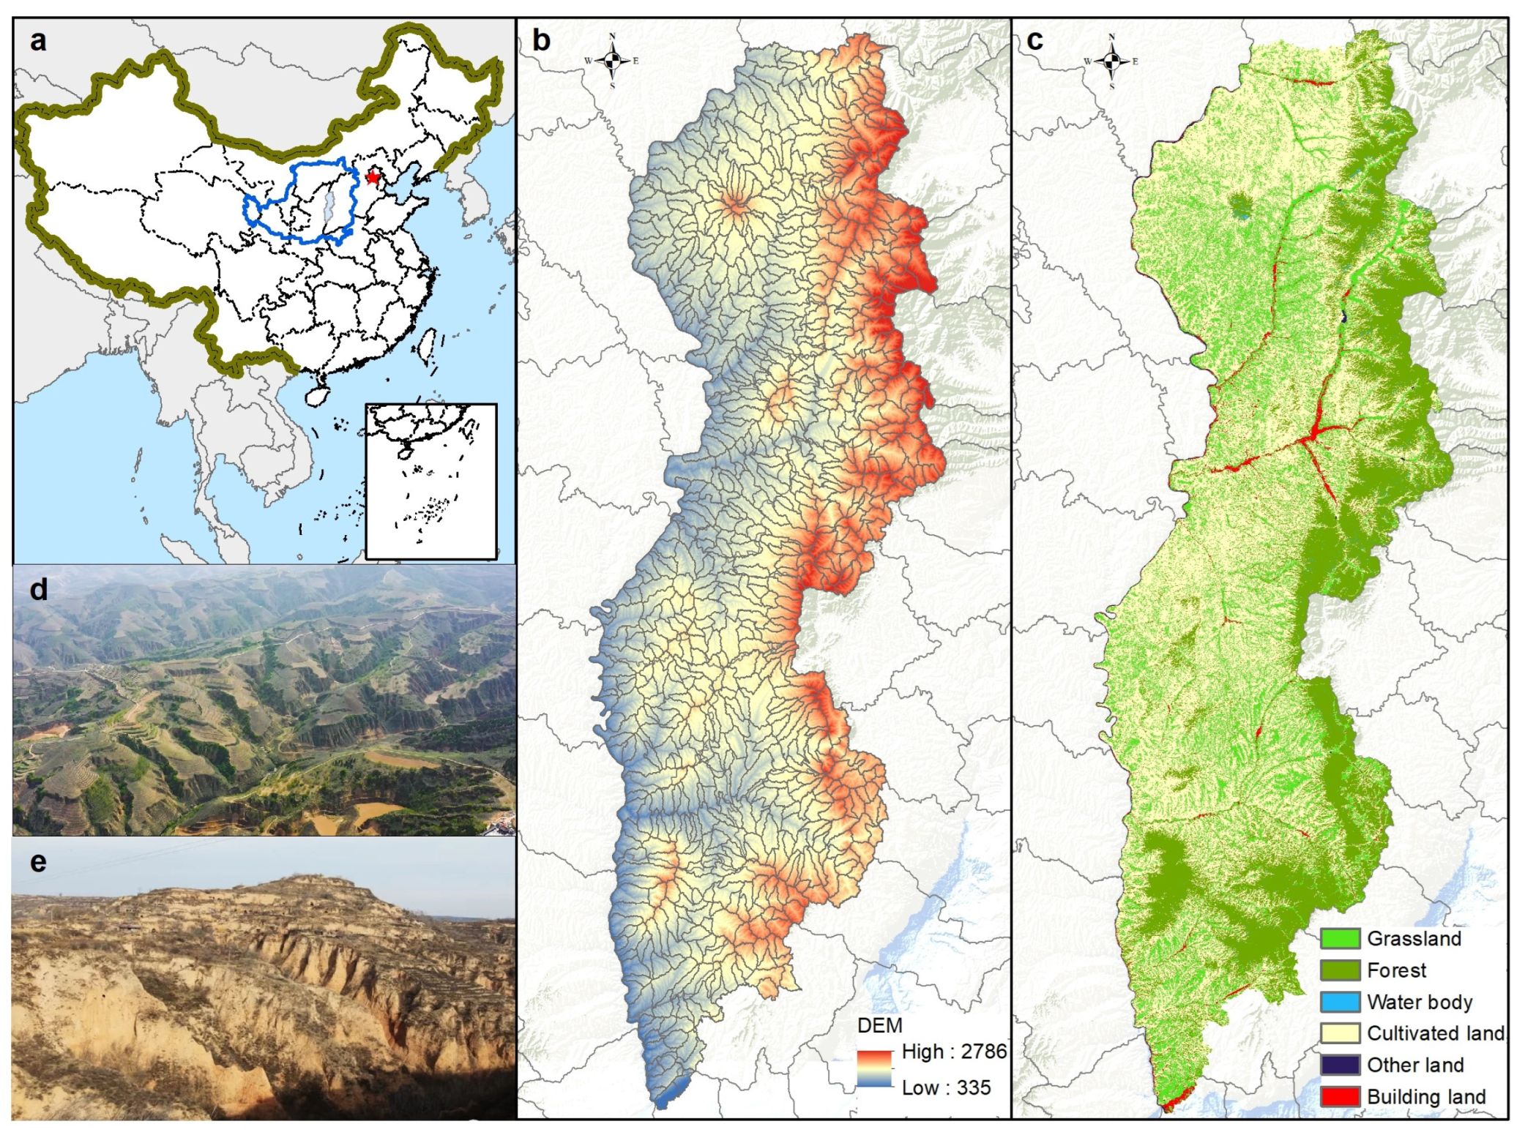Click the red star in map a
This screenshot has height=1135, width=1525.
373,177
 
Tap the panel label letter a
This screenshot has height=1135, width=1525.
38,40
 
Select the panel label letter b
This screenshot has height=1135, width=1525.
541,40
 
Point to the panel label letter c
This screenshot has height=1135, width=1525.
1034,40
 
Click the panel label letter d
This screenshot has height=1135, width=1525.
38,589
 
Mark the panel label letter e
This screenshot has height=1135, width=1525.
38,861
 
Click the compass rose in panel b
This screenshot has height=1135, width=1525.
613,61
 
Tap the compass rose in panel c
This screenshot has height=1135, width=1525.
1111,61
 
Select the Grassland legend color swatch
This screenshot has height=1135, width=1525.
1340,939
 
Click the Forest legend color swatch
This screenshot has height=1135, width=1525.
1340,970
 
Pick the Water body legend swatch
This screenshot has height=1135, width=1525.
1340,1002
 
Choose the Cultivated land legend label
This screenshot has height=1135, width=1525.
1435,1033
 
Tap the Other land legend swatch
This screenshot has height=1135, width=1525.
1340,1065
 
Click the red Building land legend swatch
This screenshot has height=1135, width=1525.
1340,1096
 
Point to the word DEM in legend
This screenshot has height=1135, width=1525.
879,1025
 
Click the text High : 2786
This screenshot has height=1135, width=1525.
954,1052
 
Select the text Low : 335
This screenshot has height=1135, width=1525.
946,1087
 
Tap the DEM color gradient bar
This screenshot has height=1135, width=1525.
875,1069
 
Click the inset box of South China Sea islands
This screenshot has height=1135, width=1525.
430,481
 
